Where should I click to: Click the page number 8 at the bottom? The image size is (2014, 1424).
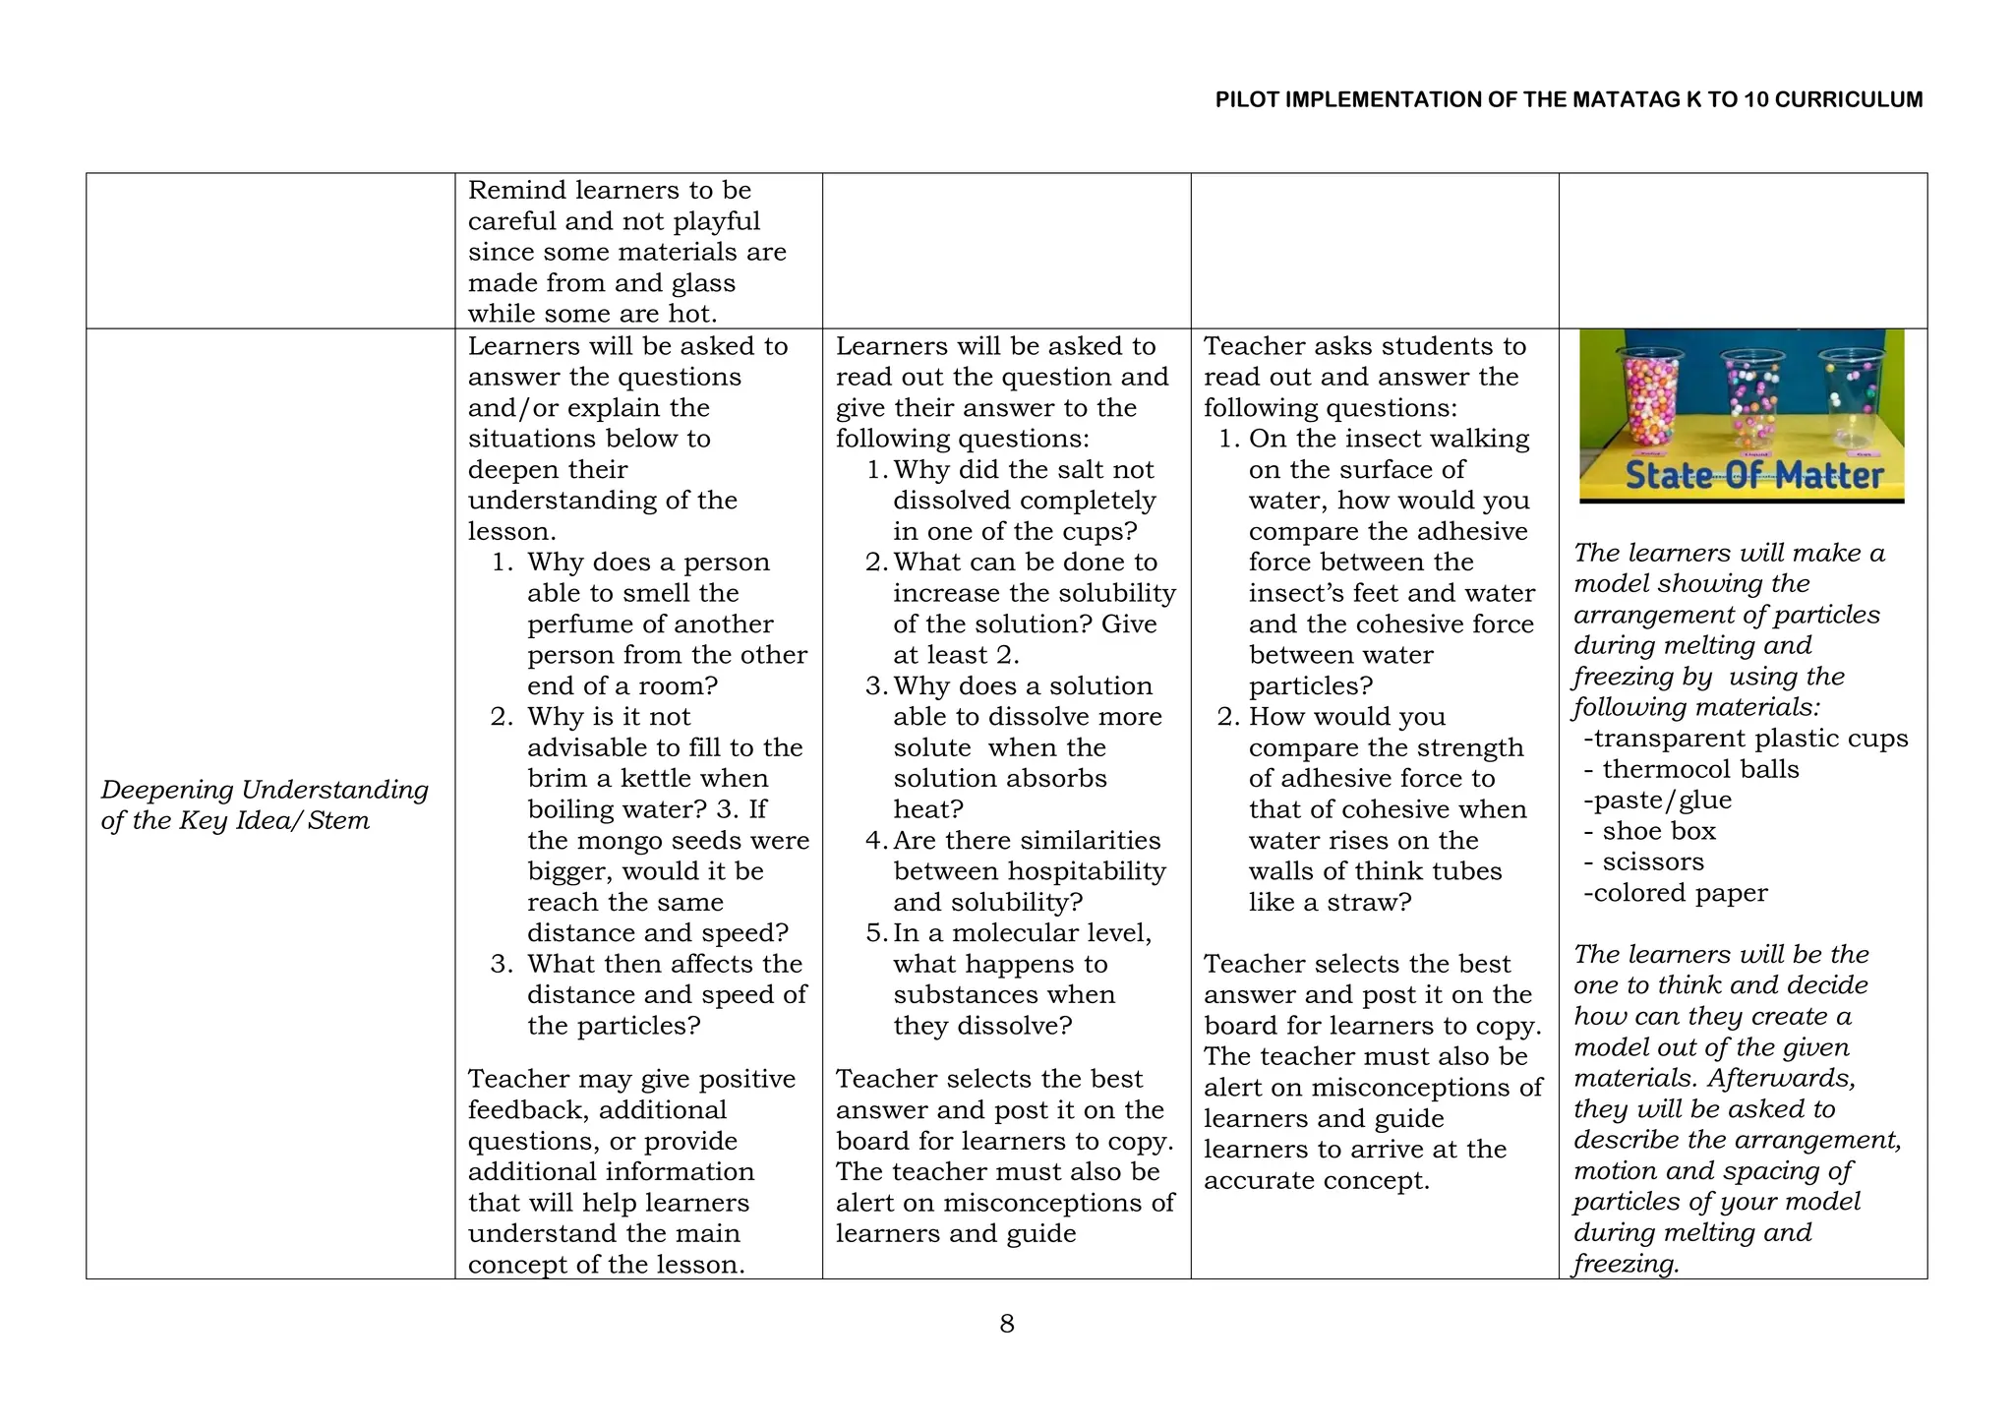1006,1324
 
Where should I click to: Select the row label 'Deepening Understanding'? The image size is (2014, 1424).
265,790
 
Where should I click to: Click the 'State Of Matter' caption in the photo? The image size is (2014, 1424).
1752,476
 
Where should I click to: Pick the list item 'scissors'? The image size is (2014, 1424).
1652,862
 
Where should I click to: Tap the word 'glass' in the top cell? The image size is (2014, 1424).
702,284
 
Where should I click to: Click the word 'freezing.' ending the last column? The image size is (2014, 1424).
1627,1265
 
